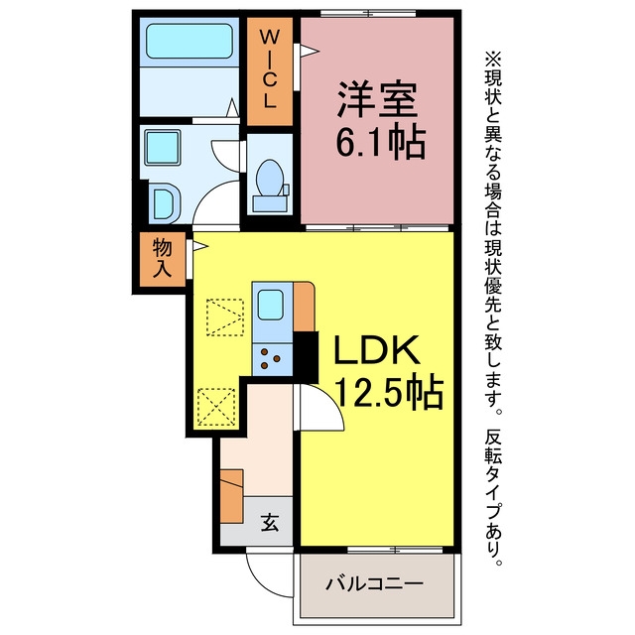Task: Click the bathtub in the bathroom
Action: coord(190,42)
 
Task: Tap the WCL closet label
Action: coord(269,69)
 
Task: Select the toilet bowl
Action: coord(270,178)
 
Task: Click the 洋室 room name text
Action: coord(377,99)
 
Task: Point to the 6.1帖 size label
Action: coord(381,143)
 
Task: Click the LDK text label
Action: coord(377,350)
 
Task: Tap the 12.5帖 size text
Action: coord(389,393)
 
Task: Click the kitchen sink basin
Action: coord(270,305)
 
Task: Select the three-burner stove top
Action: coord(272,359)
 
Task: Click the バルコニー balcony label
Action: coord(375,583)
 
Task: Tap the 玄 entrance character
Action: coord(270,522)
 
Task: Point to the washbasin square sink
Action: coord(163,148)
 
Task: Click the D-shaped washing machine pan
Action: coord(165,203)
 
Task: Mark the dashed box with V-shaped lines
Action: coord(225,317)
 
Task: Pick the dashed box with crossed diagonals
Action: coord(216,407)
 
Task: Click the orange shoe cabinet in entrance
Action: coord(231,496)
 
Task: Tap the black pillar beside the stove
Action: coord(306,357)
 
